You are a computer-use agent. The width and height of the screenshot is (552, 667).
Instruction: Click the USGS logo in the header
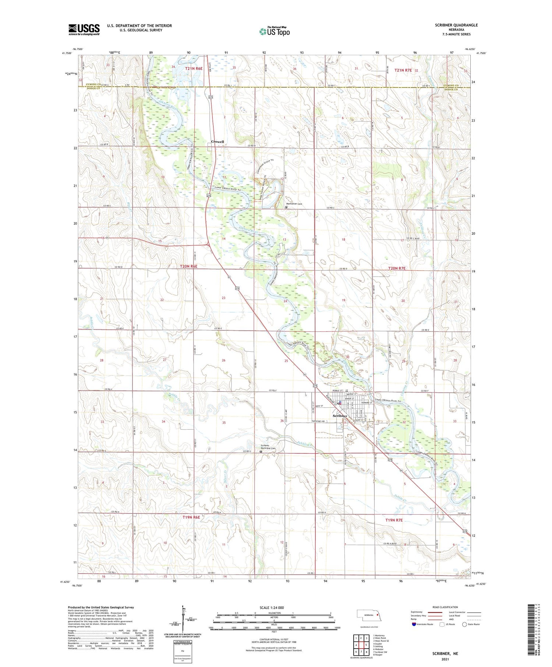(84, 29)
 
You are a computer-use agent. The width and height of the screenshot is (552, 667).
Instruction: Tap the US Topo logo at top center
(275, 32)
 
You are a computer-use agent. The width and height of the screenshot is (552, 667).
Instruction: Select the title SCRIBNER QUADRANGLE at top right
(456, 25)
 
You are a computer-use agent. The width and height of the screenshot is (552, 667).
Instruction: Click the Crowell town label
(217, 142)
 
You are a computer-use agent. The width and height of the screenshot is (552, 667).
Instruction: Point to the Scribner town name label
(340, 416)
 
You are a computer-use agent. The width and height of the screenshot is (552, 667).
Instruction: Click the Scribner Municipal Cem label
(268, 447)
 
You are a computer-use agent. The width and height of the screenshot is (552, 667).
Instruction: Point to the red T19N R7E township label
(394, 520)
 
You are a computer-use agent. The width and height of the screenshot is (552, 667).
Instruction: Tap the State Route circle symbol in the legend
(464, 624)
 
